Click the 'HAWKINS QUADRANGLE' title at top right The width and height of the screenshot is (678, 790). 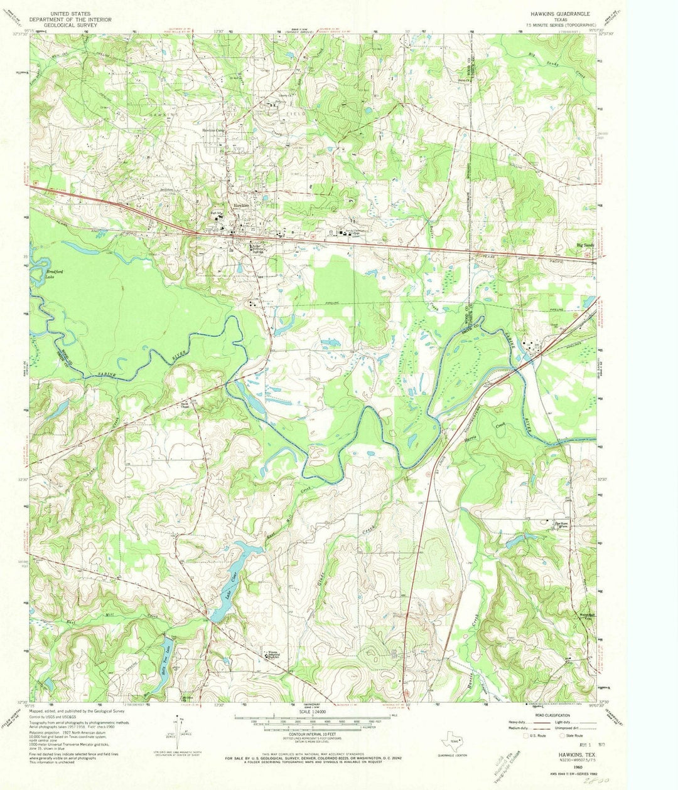(560, 14)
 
